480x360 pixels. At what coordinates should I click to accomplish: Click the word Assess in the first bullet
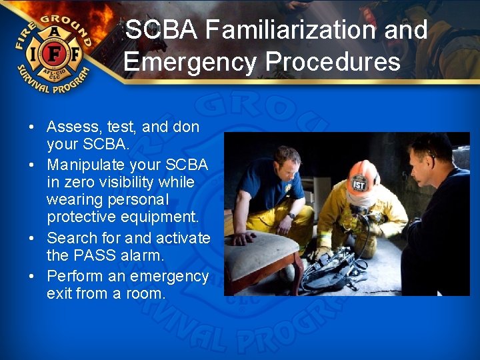pyautogui.click(x=70, y=127)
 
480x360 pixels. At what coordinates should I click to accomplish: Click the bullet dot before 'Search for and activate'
pyautogui.click(x=32, y=239)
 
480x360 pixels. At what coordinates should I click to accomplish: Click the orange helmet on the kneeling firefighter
pyautogui.click(x=363, y=175)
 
